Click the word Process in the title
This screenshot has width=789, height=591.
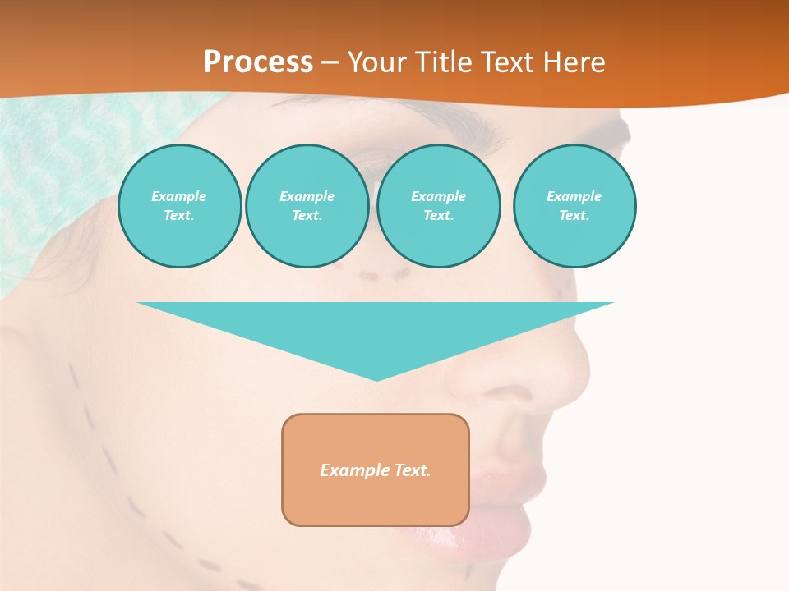(x=258, y=62)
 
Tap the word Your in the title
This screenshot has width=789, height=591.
(x=379, y=62)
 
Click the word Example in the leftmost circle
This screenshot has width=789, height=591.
(x=179, y=196)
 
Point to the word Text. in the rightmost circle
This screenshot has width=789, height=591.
(x=574, y=215)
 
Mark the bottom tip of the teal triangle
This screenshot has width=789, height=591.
(x=376, y=378)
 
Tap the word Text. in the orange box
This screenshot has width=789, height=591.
(x=413, y=470)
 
